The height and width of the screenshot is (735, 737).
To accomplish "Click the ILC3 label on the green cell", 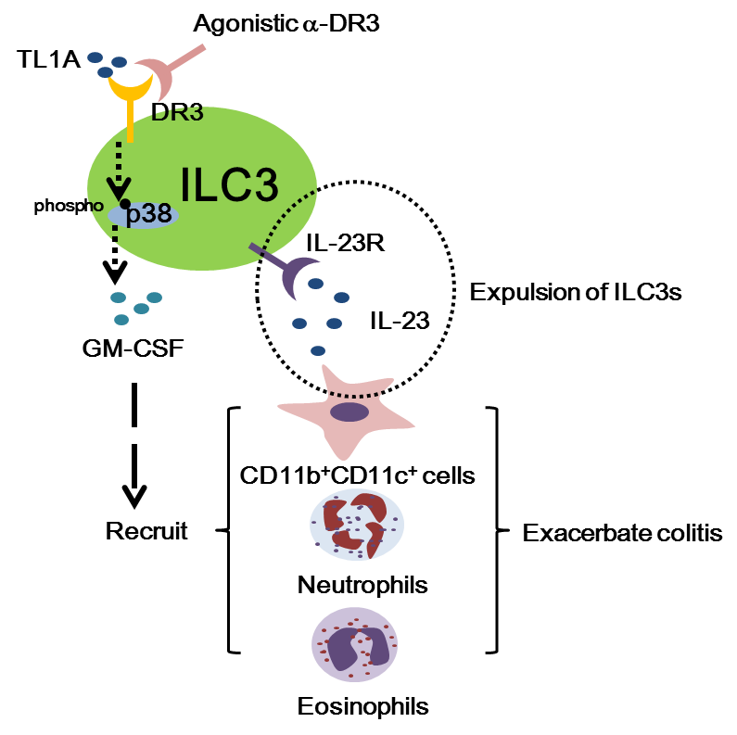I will coord(229,185).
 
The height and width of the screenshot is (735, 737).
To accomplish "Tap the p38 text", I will coord(148,214).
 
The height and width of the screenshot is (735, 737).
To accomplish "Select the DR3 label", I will coord(177,113).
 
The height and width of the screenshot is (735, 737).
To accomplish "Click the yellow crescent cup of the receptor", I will coord(130,89).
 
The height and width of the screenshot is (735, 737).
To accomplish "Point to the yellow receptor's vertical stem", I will coord(130,120).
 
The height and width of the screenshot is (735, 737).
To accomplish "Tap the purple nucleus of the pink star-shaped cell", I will coord(349,412).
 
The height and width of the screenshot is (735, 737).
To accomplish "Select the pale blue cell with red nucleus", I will coord(357,525).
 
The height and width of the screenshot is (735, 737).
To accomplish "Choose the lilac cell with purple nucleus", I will coord(354,645).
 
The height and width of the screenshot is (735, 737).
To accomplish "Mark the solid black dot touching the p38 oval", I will coord(125,204).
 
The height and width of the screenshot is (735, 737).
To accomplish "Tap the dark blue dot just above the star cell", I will coord(318,350).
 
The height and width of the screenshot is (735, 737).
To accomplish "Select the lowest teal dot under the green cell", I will coord(121,320).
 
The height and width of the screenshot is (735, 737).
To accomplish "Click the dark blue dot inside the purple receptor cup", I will coord(315,284).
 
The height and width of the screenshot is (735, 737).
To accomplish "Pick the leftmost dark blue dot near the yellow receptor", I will coord(95,57).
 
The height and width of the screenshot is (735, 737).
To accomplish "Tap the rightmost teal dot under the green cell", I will coord(154,298).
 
